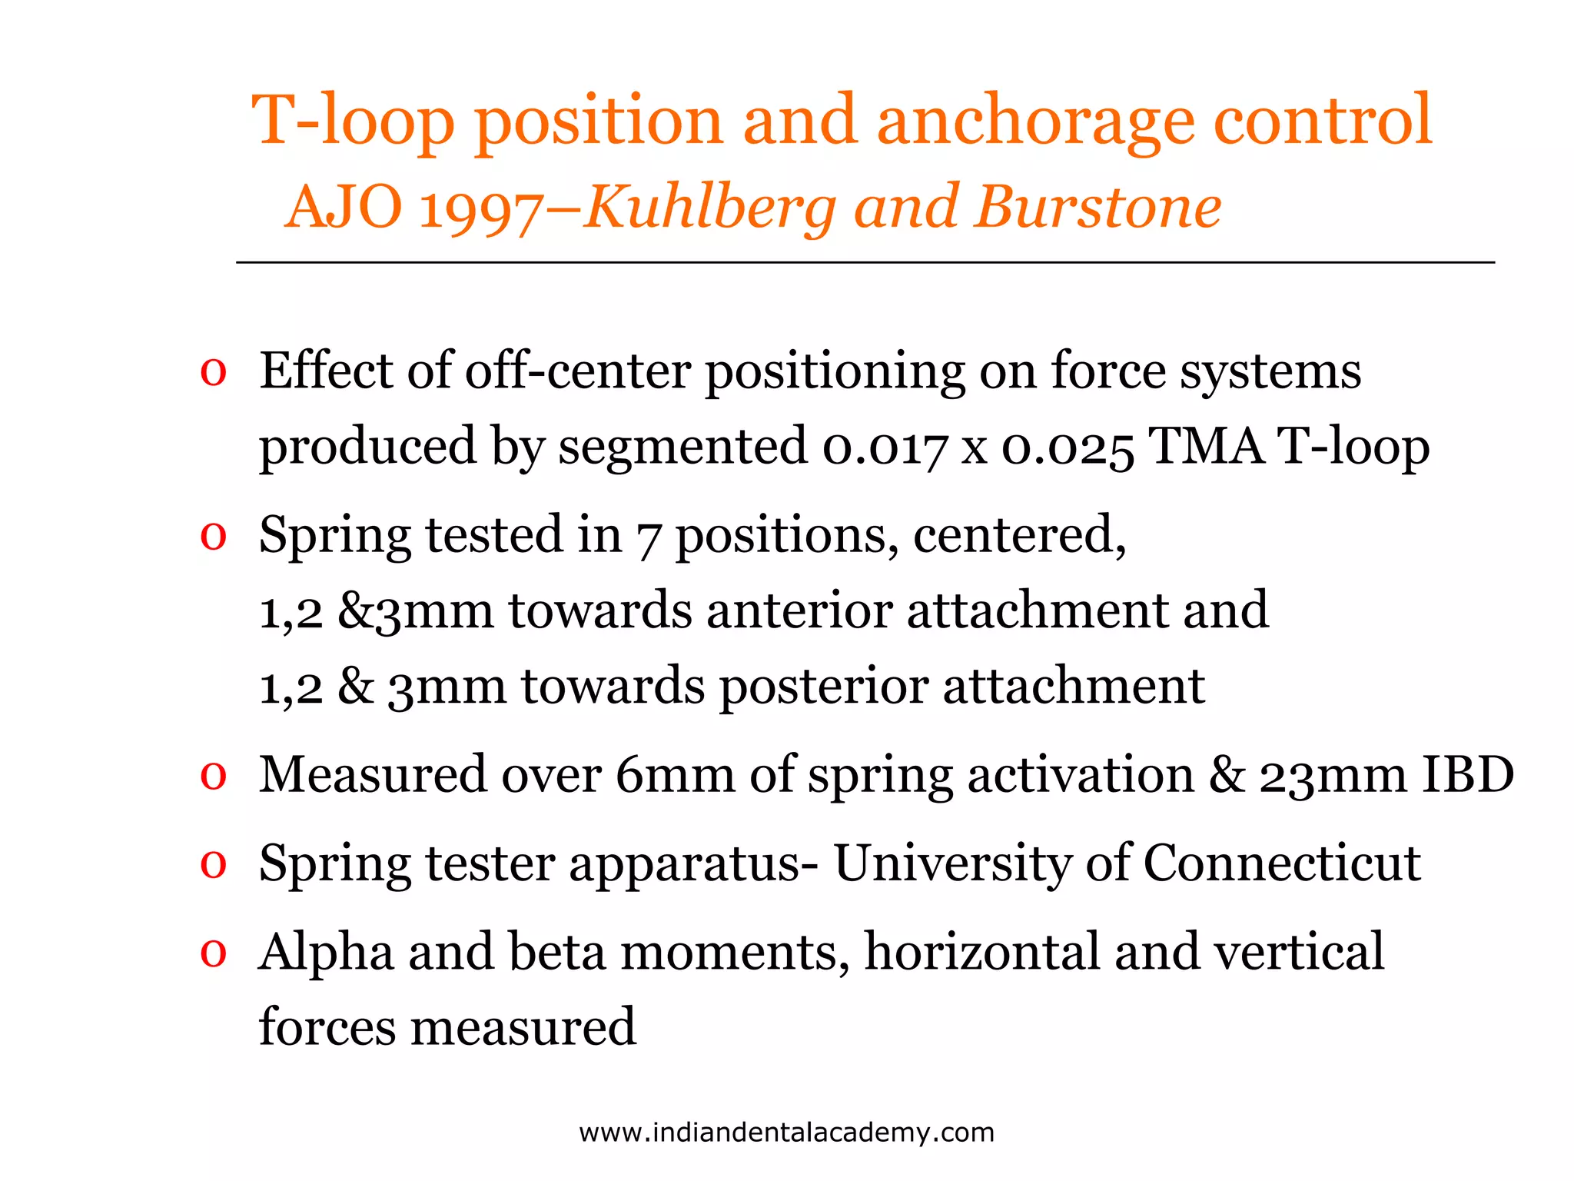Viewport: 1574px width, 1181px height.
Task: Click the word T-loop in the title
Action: coord(353,121)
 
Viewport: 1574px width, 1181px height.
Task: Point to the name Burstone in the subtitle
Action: coord(1098,208)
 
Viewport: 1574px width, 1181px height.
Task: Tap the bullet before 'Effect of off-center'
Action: coord(213,373)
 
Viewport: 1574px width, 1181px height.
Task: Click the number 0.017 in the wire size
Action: coord(884,447)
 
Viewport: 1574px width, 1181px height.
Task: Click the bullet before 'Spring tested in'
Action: coord(213,537)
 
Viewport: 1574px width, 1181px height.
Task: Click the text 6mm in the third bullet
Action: coord(675,775)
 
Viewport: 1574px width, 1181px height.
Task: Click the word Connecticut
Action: coord(1282,863)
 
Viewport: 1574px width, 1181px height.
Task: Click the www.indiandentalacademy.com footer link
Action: coord(786,1133)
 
